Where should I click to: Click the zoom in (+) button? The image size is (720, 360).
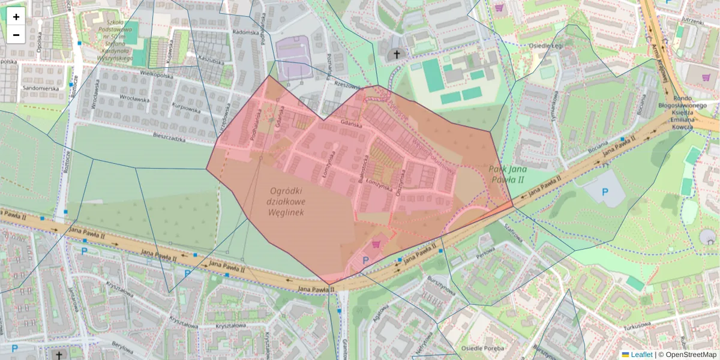click(x=16, y=17)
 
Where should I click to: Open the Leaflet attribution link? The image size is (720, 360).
click(x=641, y=355)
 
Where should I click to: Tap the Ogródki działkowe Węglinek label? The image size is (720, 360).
click(x=286, y=201)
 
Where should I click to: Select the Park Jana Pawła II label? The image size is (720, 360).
click(x=506, y=174)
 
